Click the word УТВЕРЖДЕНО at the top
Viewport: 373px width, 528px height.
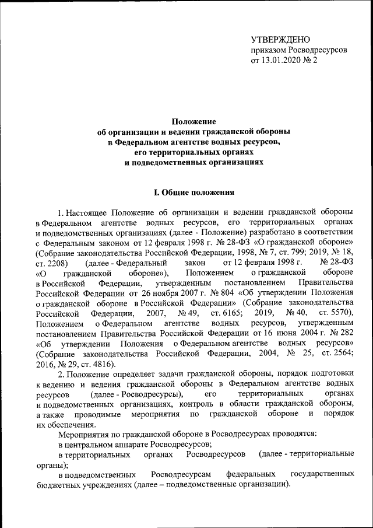(x=277, y=40)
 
